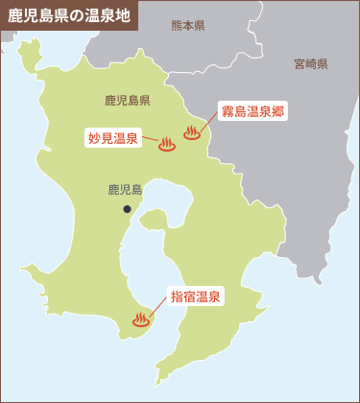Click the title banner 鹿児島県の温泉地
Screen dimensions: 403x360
point(68,16)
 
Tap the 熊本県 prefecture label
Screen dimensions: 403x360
point(188,25)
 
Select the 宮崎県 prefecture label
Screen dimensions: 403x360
point(311,64)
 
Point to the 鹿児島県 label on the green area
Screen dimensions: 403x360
point(128,100)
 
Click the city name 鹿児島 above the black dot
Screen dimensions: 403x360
point(125,190)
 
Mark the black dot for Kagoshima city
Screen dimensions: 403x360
point(127,208)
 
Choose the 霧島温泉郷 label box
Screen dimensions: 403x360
point(252,111)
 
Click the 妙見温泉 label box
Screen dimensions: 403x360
point(114,138)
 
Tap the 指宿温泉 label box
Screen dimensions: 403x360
point(196,297)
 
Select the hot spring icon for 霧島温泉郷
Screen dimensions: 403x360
point(192,132)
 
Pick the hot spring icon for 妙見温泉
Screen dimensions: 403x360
point(167,144)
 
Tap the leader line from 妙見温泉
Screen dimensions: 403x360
point(151,141)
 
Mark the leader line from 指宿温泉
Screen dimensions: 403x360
point(159,307)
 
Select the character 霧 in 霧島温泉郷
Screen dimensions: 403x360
point(228,111)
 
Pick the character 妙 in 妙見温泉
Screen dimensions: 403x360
point(94,138)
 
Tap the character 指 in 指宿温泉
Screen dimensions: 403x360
point(178,297)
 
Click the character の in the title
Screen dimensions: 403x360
point(73,16)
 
